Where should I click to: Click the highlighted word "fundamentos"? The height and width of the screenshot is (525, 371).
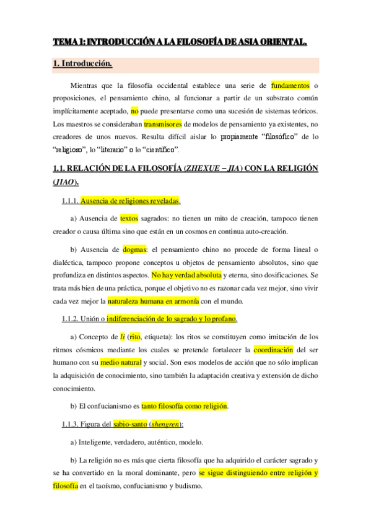coord(290,85)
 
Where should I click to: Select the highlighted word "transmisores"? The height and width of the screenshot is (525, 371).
coord(164,123)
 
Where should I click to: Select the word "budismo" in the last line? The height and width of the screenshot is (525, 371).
coord(188,486)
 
